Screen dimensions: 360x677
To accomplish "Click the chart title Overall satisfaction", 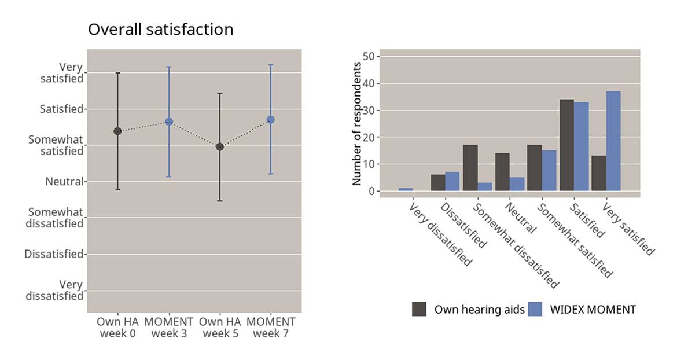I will (x=160, y=30).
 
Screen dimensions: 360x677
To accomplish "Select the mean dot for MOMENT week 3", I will (x=169, y=122).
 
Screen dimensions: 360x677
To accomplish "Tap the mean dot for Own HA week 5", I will (x=220, y=146).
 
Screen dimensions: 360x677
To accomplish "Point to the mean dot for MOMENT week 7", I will (x=271, y=119).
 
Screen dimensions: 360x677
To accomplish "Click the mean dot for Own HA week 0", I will (x=117, y=131).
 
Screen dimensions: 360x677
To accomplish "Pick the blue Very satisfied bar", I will (x=613, y=141).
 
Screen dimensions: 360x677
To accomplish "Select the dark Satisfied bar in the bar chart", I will (x=566, y=145).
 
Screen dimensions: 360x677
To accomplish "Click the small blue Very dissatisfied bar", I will (x=406, y=189).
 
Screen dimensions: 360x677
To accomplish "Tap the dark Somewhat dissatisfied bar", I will (x=470, y=168).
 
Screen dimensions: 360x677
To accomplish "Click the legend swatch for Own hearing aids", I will (x=420, y=309).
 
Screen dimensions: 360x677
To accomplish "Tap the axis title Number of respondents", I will (x=358, y=123).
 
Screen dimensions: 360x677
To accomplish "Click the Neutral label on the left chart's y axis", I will (x=64, y=182).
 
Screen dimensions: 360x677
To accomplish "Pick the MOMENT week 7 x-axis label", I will (x=271, y=328).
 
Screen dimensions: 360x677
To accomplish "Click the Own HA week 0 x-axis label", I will (x=117, y=328).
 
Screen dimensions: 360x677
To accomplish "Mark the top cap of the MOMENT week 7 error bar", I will (x=271, y=65).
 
